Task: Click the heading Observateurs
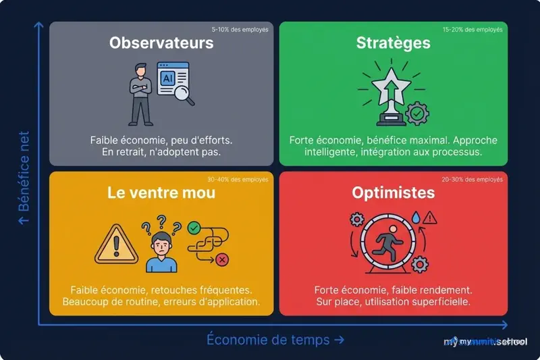click(x=161, y=43)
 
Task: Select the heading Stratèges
click(x=394, y=43)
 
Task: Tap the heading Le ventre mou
click(x=161, y=192)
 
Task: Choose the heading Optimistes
click(x=394, y=192)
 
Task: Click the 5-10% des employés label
click(x=240, y=30)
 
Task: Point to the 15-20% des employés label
click(x=473, y=30)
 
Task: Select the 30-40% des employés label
click(x=240, y=180)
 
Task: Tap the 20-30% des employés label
click(x=473, y=180)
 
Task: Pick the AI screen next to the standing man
click(x=168, y=80)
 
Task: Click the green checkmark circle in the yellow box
click(x=195, y=229)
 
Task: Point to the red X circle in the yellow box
click(x=222, y=260)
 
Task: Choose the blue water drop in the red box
click(x=416, y=218)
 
